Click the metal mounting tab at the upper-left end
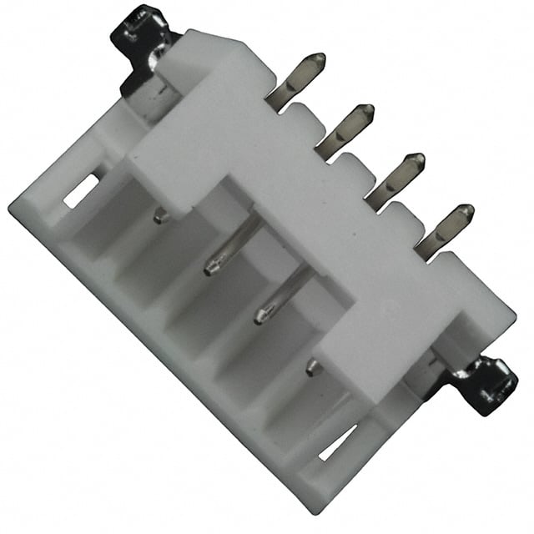point(144,42)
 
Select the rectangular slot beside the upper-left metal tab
point(82,192)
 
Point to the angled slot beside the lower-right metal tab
point(337,442)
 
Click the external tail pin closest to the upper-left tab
point(297,80)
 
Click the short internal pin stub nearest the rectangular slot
point(160,216)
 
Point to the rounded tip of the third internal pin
point(260,316)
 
